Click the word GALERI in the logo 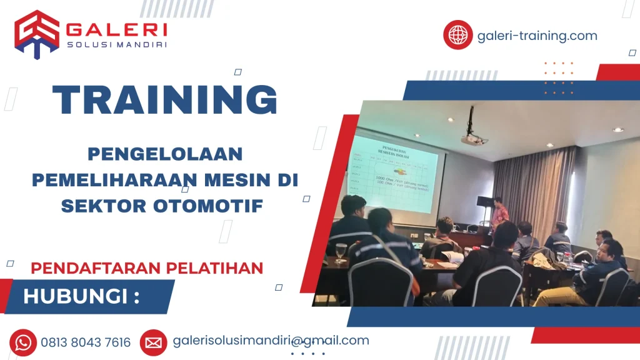click(x=116, y=29)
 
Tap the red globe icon click(x=457, y=35)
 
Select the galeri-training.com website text click(x=537, y=36)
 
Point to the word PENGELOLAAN click(x=165, y=154)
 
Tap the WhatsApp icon click(x=24, y=342)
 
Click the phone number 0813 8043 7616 click(x=86, y=342)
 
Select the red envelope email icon click(x=153, y=342)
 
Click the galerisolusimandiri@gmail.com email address click(x=271, y=341)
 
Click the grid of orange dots click(x=558, y=78)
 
